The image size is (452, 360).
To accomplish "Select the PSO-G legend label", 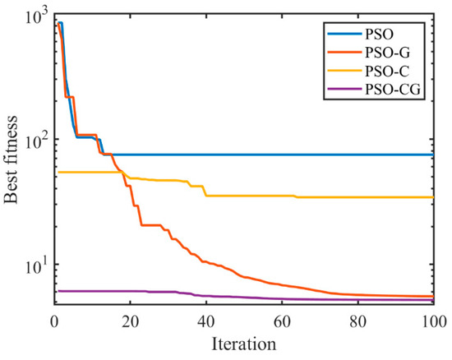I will click(x=398, y=54).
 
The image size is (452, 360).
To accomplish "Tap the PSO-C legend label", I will click(x=398, y=72).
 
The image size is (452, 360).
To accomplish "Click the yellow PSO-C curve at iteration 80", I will click(x=357, y=197).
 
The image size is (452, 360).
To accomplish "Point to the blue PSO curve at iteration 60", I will click(x=281, y=155).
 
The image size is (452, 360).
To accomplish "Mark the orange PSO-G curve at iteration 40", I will click(x=205, y=261).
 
